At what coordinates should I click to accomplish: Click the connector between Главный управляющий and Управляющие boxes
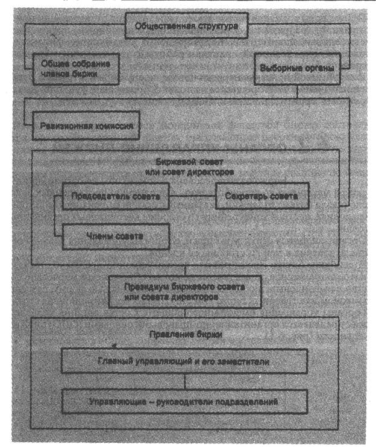(x=184, y=381)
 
